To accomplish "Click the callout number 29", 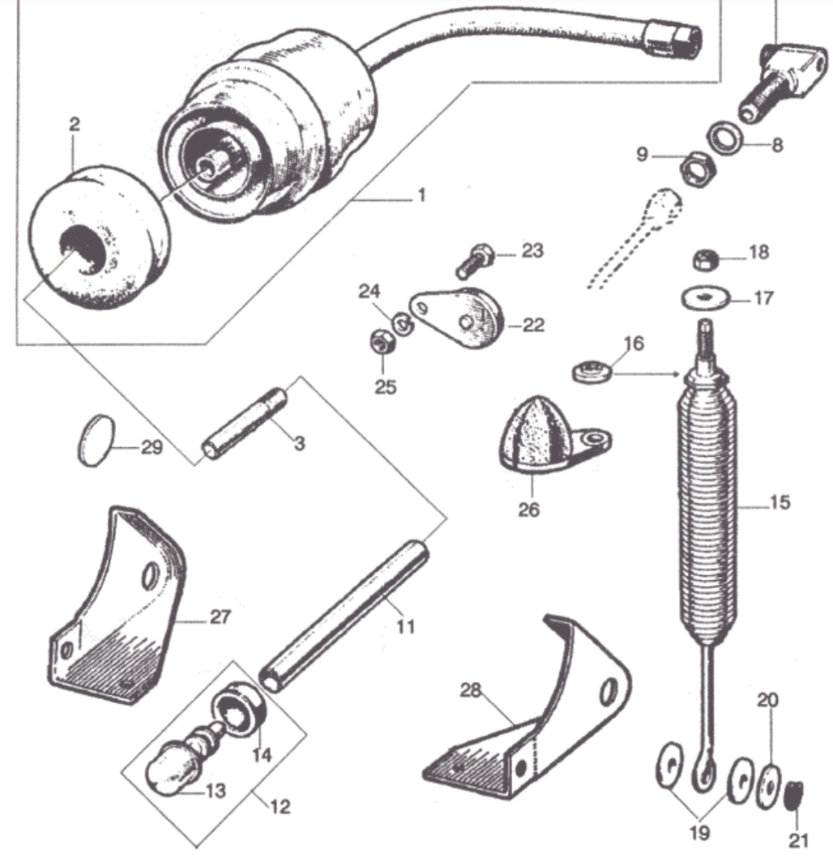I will pos(152,446).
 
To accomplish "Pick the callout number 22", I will pos(533,325).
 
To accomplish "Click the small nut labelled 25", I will pos(378,344).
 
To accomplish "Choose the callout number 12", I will pos(279,806).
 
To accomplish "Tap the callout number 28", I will pos(471,690).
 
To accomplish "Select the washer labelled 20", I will pos(767,785).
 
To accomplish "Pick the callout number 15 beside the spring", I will pos(779,502).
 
